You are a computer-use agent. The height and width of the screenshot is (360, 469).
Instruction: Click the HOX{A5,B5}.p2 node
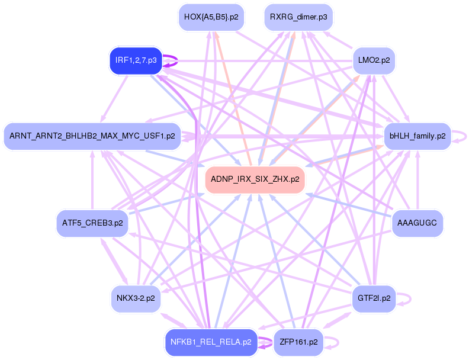[211, 17]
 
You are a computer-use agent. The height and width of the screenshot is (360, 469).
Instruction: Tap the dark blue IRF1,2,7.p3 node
[136, 60]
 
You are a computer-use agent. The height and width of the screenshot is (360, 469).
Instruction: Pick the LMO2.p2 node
[373, 60]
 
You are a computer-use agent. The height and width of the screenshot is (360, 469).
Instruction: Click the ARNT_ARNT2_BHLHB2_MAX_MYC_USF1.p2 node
[92, 136]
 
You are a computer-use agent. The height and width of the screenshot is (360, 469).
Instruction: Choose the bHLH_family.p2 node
[417, 136]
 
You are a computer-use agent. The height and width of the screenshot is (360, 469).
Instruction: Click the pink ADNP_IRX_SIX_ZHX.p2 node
[255, 179]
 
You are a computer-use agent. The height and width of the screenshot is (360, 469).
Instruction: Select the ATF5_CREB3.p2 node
[92, 223]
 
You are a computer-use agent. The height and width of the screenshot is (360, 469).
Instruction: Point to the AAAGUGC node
[417, 223]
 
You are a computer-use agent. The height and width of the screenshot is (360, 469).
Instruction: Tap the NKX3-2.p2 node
[136, 298]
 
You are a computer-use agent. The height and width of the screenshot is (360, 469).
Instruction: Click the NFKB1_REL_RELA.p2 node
[211, 342]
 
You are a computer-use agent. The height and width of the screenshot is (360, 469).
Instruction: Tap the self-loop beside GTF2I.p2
[409, 298]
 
